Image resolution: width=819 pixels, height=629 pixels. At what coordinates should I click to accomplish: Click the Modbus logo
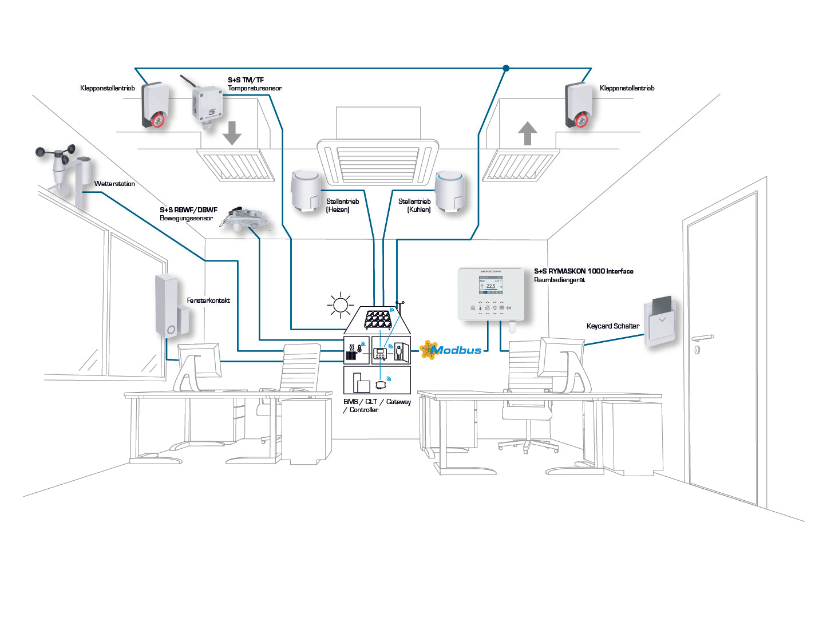pyautogui.click(x=452, y=350)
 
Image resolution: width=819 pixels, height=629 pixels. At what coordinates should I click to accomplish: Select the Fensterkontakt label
pyautogui.click(x=208, y=300)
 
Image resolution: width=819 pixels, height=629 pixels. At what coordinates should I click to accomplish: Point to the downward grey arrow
pyautogui.click(x=232, y=133)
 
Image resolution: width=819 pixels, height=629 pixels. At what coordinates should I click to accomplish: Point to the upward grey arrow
pyautogui.click(x=527, y=134)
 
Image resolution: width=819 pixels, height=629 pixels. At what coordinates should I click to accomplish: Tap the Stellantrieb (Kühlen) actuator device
pyautogui.click(x=450, y=191)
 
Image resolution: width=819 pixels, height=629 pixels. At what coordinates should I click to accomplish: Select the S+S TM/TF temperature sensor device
pyautogui.click(x=206, y=105)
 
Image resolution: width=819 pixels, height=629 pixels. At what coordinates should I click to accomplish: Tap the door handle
pyautogui.click(x=703, y=338)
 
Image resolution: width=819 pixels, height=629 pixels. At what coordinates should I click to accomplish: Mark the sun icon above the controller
pyautogui.click(x=340, y=305)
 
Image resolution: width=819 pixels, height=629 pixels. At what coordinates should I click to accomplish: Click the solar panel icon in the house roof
pyautogui.click(x=378, y=319)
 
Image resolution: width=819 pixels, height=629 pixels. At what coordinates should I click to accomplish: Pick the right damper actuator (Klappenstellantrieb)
pyautogui.click(x=579, y=105)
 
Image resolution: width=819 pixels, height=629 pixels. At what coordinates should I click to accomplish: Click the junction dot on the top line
pyautogui.click(x=506, y=68)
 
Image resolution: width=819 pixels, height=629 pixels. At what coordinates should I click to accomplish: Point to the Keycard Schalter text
pyautogui.click(x=612, y=326)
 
